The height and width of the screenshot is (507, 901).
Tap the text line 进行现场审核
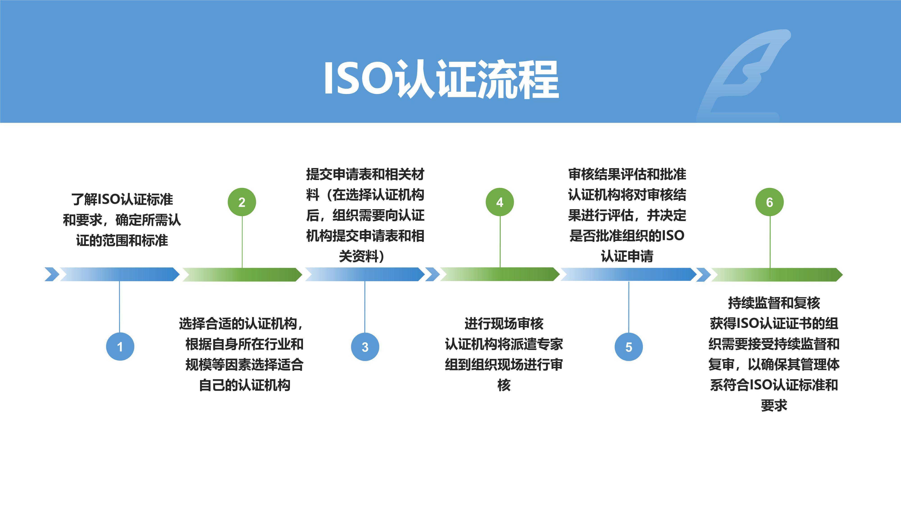(504, 324)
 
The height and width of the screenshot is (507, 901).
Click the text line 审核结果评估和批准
(627, 174)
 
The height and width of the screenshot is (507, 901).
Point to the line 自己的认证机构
(244, 385)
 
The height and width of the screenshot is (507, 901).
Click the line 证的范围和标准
(122, 240)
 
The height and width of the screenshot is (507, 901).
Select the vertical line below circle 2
(242, 241)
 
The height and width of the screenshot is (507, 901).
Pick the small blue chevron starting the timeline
(52, 274)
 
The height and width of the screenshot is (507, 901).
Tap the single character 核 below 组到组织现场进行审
(504, 385)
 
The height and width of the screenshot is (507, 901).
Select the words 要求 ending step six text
(774, 406)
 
